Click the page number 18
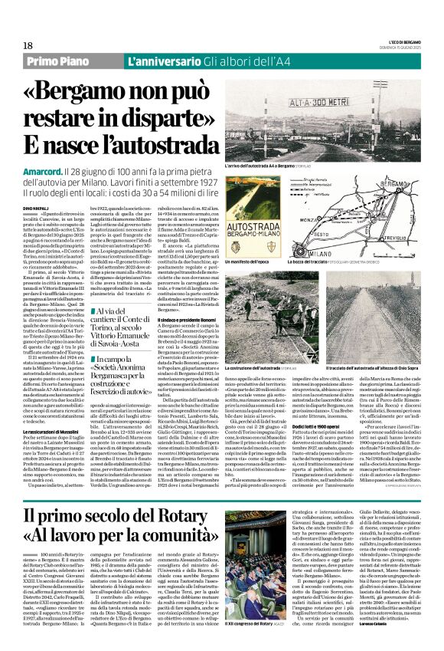[28, 45]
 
